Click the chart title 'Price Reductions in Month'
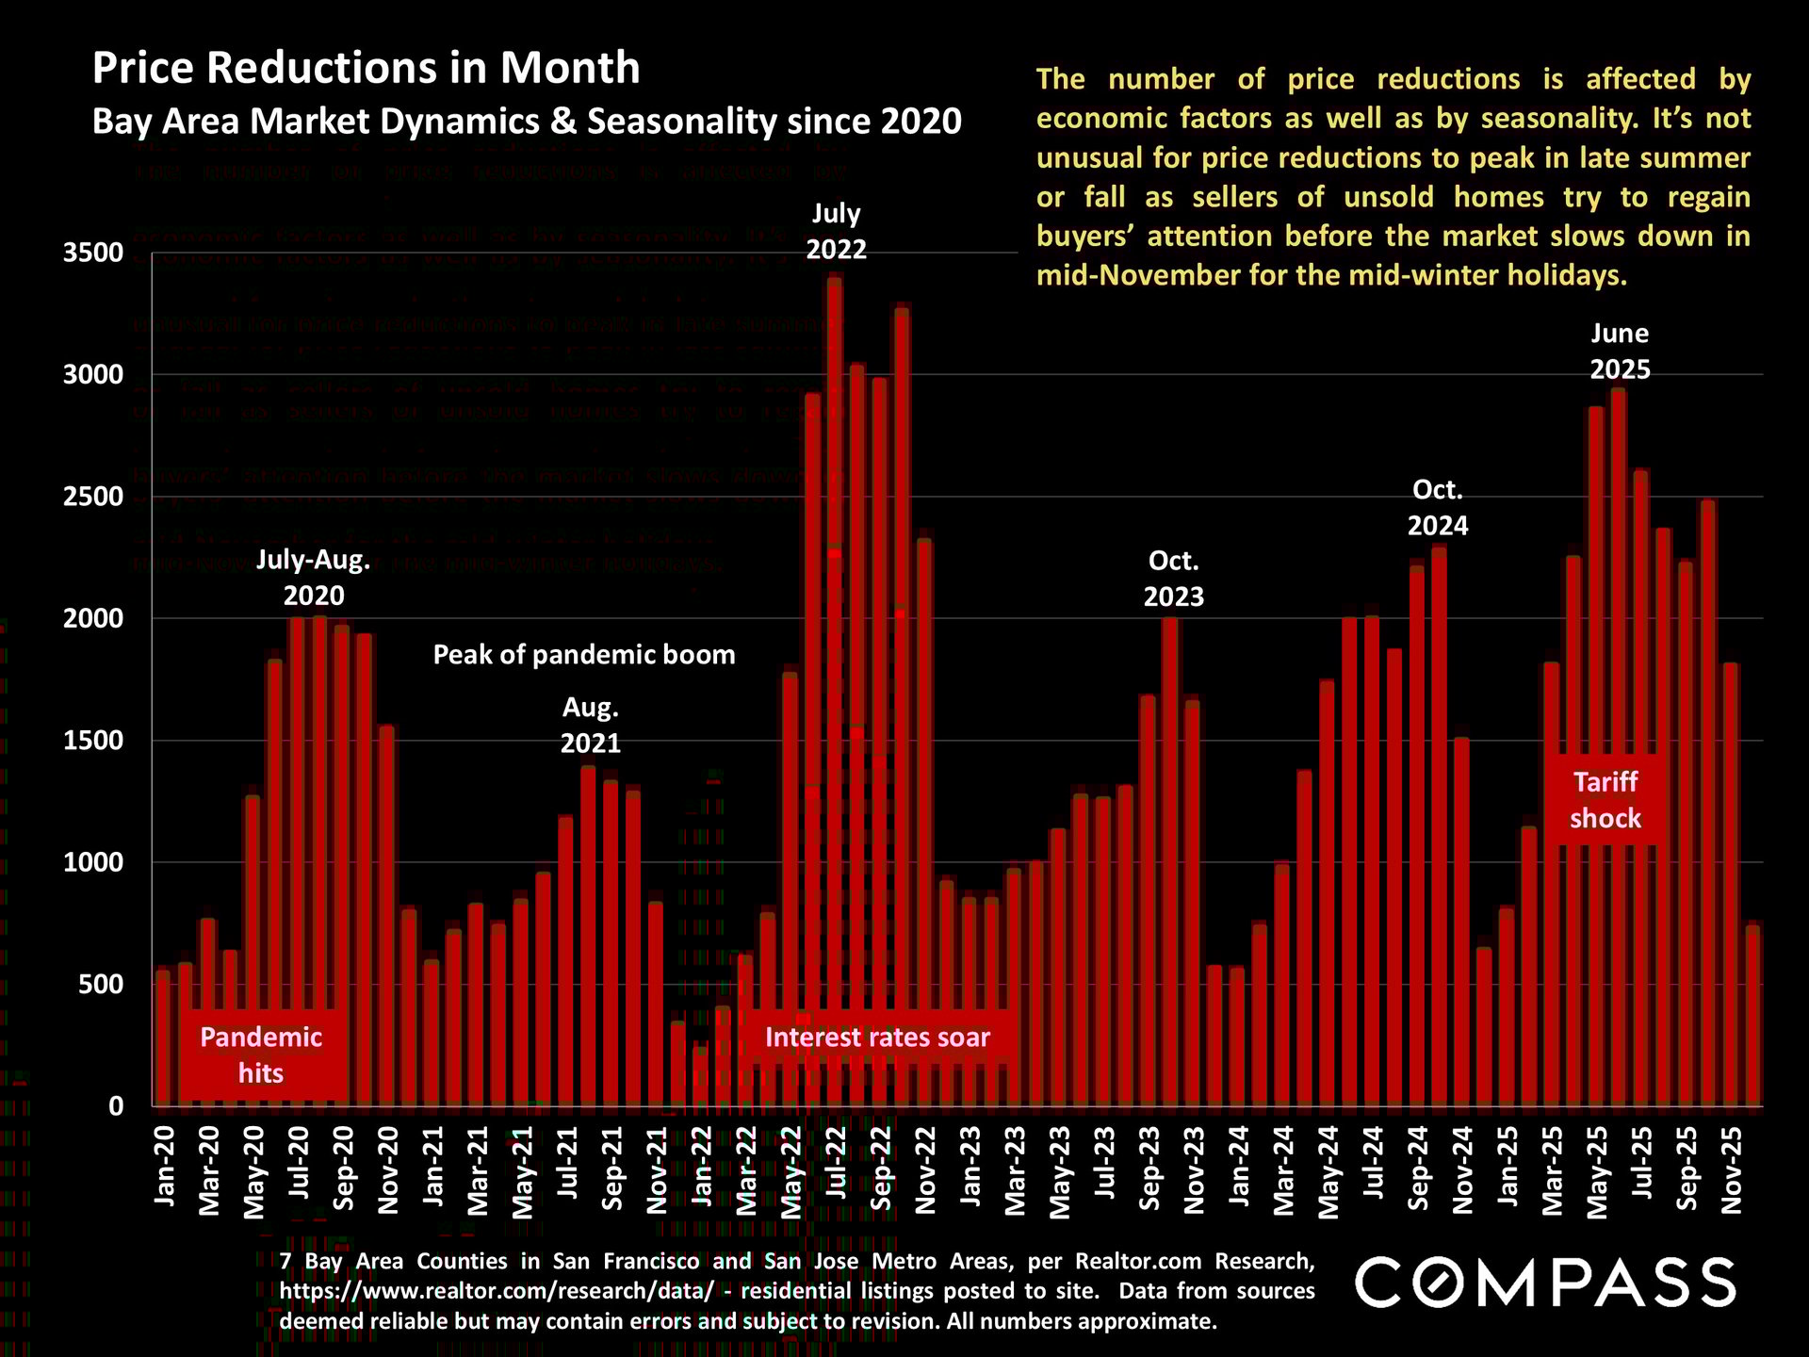(366, 68)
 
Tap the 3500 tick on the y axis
(92, 253)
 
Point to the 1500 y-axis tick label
(92, 741)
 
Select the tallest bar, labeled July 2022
(835, 688)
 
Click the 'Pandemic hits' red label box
(261, 1055)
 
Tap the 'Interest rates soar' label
(876, 1038)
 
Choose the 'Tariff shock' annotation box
(1605, 800)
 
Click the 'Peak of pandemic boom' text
(583, 655)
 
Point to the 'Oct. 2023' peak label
(1173, 579)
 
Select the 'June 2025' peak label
(1620, 351)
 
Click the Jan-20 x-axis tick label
(165, 1166)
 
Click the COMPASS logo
(1545, 1283)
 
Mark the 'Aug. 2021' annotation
(590, 726)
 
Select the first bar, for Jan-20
(163, 1038)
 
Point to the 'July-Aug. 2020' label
(314, 578)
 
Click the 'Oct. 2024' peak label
(1437, 507)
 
